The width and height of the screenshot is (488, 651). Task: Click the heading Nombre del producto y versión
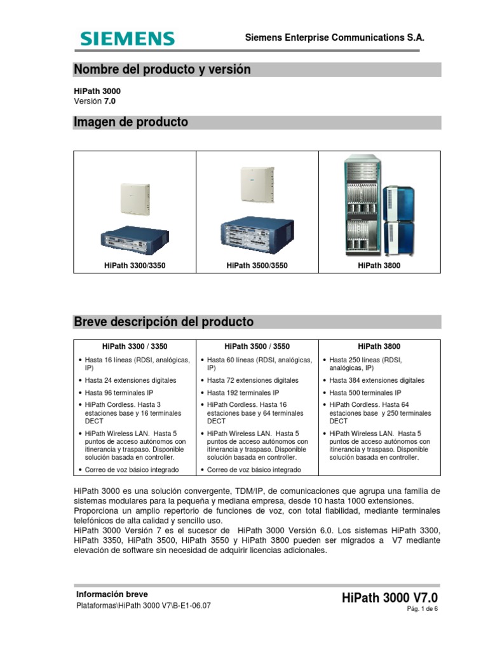coord(162,69)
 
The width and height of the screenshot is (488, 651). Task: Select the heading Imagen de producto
coord(131,122)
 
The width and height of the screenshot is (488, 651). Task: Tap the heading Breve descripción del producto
coord(164,322)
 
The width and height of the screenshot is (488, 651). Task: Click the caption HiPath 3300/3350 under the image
coord(134,265)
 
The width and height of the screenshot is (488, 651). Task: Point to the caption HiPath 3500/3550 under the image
coord(257,265)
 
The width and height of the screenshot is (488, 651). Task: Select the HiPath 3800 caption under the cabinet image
coord(379,265)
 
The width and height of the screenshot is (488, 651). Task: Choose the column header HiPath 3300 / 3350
coord(135,346)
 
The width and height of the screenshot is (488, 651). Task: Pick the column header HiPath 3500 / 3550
coord(257,346)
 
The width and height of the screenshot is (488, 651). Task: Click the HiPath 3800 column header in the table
coord(379,346)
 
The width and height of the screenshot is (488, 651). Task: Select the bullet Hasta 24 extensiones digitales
coord(130,380)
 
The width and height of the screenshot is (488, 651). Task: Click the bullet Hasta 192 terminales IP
coord(243,393)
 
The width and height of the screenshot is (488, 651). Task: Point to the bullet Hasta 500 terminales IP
coord(365,393)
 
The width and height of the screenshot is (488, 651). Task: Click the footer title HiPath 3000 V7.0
coord(390,598)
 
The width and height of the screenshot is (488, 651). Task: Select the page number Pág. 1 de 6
coord(423,609)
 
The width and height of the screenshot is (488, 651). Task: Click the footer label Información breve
coord(112,594)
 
